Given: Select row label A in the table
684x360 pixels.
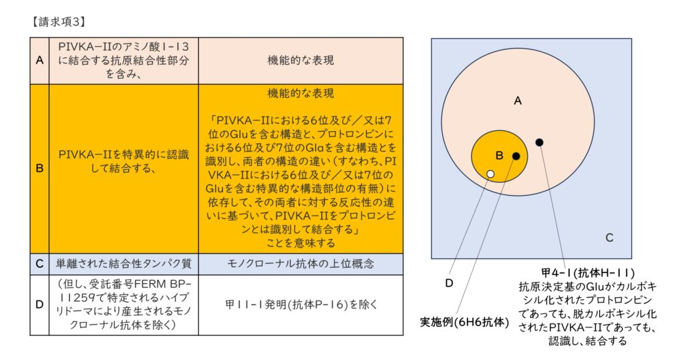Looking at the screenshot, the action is click(x=39, y=60).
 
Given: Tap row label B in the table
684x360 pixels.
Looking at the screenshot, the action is click(x=39, y=168).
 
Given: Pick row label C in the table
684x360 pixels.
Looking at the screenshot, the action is click(x=39, y=264).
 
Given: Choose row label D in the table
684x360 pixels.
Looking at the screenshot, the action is click(x=39, y=304).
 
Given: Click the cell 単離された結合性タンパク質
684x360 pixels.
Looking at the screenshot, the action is click(x=124, y=264).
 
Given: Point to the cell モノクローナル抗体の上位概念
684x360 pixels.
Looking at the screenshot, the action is click(x=301, y=264).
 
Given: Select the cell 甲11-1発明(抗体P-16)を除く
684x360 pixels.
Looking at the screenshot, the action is click(x=301, y=304).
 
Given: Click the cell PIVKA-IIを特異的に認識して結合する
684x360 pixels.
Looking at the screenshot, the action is click(x=124, y=161).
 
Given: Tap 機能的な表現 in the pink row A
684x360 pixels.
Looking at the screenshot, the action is click(x=301, y=60).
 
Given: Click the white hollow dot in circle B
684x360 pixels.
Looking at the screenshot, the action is click(x=490, y=174).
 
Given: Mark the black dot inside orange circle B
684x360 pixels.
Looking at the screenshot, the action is click(x=516, y=156).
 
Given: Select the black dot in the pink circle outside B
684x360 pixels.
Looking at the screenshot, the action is click(x=539, y=142).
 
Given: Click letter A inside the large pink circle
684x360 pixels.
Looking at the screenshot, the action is click(x=518, y=101).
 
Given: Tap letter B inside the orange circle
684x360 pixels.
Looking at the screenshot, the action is click(x=500, y=156).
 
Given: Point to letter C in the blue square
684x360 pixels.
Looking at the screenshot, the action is click(x=609, y=238).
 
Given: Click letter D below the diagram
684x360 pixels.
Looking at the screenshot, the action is click(x=449, y=283).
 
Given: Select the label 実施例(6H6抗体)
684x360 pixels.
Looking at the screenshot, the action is click(x=464, y=323).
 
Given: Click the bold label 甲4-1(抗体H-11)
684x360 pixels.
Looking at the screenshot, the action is click(x=588, y=273).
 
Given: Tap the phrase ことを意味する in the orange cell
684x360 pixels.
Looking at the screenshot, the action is click(x=301, y=243).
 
